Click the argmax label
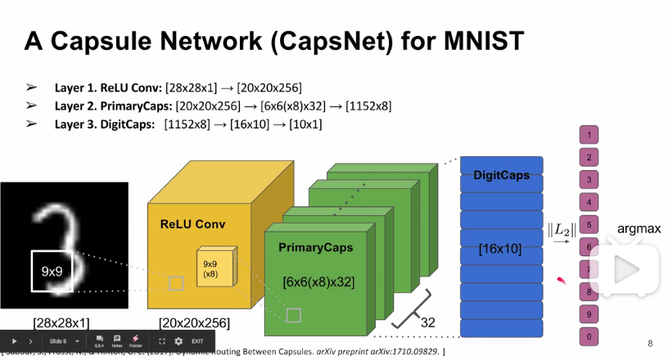click(x=639, y=229)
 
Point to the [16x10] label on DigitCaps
click(x=500, y=248)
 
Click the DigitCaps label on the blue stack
click(x=500, y=176)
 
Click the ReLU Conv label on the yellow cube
click(x=192, y=224)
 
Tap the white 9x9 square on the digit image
click(x=52, y=271)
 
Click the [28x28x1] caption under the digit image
click(x=61, y=322)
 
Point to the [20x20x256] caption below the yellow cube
click(x=194, y=322)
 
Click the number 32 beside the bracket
click(x=427, y=322)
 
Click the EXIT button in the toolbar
click(x=197, y=341)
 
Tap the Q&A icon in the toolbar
click(x=99, y=340)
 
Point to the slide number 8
click(x=650, y=344)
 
